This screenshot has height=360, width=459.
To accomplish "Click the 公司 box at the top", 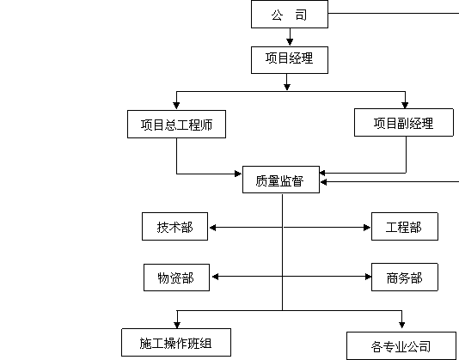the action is click(290, 14).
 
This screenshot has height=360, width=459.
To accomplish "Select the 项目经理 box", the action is click(290, 60).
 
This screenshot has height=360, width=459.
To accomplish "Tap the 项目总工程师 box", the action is click(176, 124).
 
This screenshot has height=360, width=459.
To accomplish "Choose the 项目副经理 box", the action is click(404, 123).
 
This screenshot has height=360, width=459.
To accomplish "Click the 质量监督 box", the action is click(281, 180).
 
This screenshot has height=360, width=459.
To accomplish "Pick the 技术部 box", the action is click(174, 227).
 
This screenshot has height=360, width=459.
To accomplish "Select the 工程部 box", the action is click(405, 227).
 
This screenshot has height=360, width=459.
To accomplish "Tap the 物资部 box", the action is click(176, 278).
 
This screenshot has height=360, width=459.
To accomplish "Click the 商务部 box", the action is click(405, 278).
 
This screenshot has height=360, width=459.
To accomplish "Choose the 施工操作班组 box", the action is click(176, 343).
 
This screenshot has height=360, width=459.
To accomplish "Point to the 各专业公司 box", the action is click(401, 345).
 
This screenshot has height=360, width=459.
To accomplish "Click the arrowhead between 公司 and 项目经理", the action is click(290, 41).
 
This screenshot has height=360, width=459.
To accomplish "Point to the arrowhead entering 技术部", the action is click(213, 228).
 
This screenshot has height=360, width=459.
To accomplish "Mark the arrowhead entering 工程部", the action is click(367, 228).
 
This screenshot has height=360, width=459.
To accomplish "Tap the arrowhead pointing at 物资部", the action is click(215, 277).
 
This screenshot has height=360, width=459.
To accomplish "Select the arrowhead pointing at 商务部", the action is click(368, 277).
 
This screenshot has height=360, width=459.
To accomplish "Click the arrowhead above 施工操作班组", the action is click(177, 325).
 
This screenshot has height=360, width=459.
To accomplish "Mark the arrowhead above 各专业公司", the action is click(402, 324).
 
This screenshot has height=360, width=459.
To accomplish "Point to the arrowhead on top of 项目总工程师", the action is click(176, 105).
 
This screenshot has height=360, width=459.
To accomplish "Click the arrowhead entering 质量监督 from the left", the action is click(238, 174).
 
